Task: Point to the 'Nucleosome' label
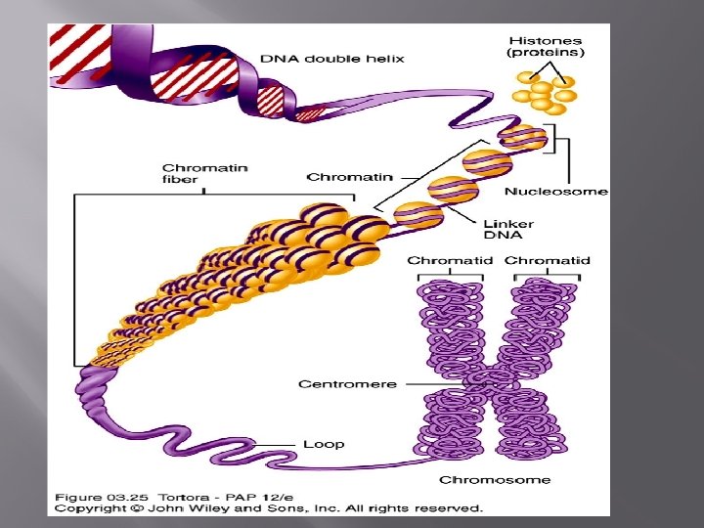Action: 556,191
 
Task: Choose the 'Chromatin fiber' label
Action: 192,173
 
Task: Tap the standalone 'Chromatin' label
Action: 350,177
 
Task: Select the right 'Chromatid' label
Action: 548,261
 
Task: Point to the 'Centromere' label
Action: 348,383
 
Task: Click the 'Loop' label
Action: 324,444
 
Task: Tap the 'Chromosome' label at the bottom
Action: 495,479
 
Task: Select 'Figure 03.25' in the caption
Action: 97,495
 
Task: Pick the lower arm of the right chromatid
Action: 533,425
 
